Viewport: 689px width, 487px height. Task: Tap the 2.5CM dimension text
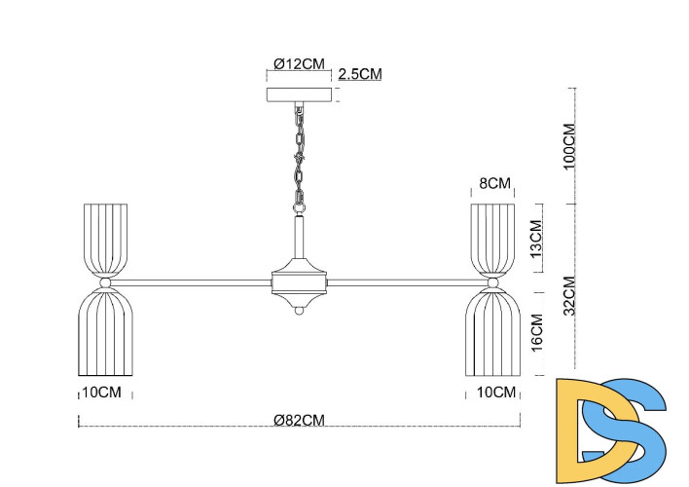(359, 74)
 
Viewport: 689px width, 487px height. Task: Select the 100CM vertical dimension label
(571, 146)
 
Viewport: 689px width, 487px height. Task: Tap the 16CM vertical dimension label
(536, 334)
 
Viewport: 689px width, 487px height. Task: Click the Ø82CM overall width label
(299, 420)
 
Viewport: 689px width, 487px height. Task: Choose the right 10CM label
(496, 393)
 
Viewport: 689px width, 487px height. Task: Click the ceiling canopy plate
(300, 95)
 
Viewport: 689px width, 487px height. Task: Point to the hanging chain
(300, 156)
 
